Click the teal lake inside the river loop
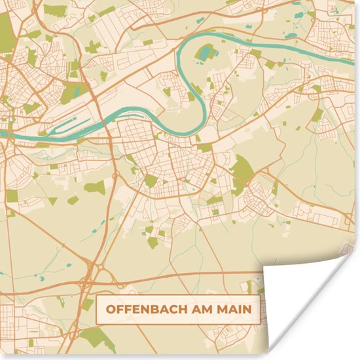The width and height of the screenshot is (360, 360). (x=207, y=52)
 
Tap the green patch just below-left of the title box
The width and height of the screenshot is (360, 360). (x=98, y=337)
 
